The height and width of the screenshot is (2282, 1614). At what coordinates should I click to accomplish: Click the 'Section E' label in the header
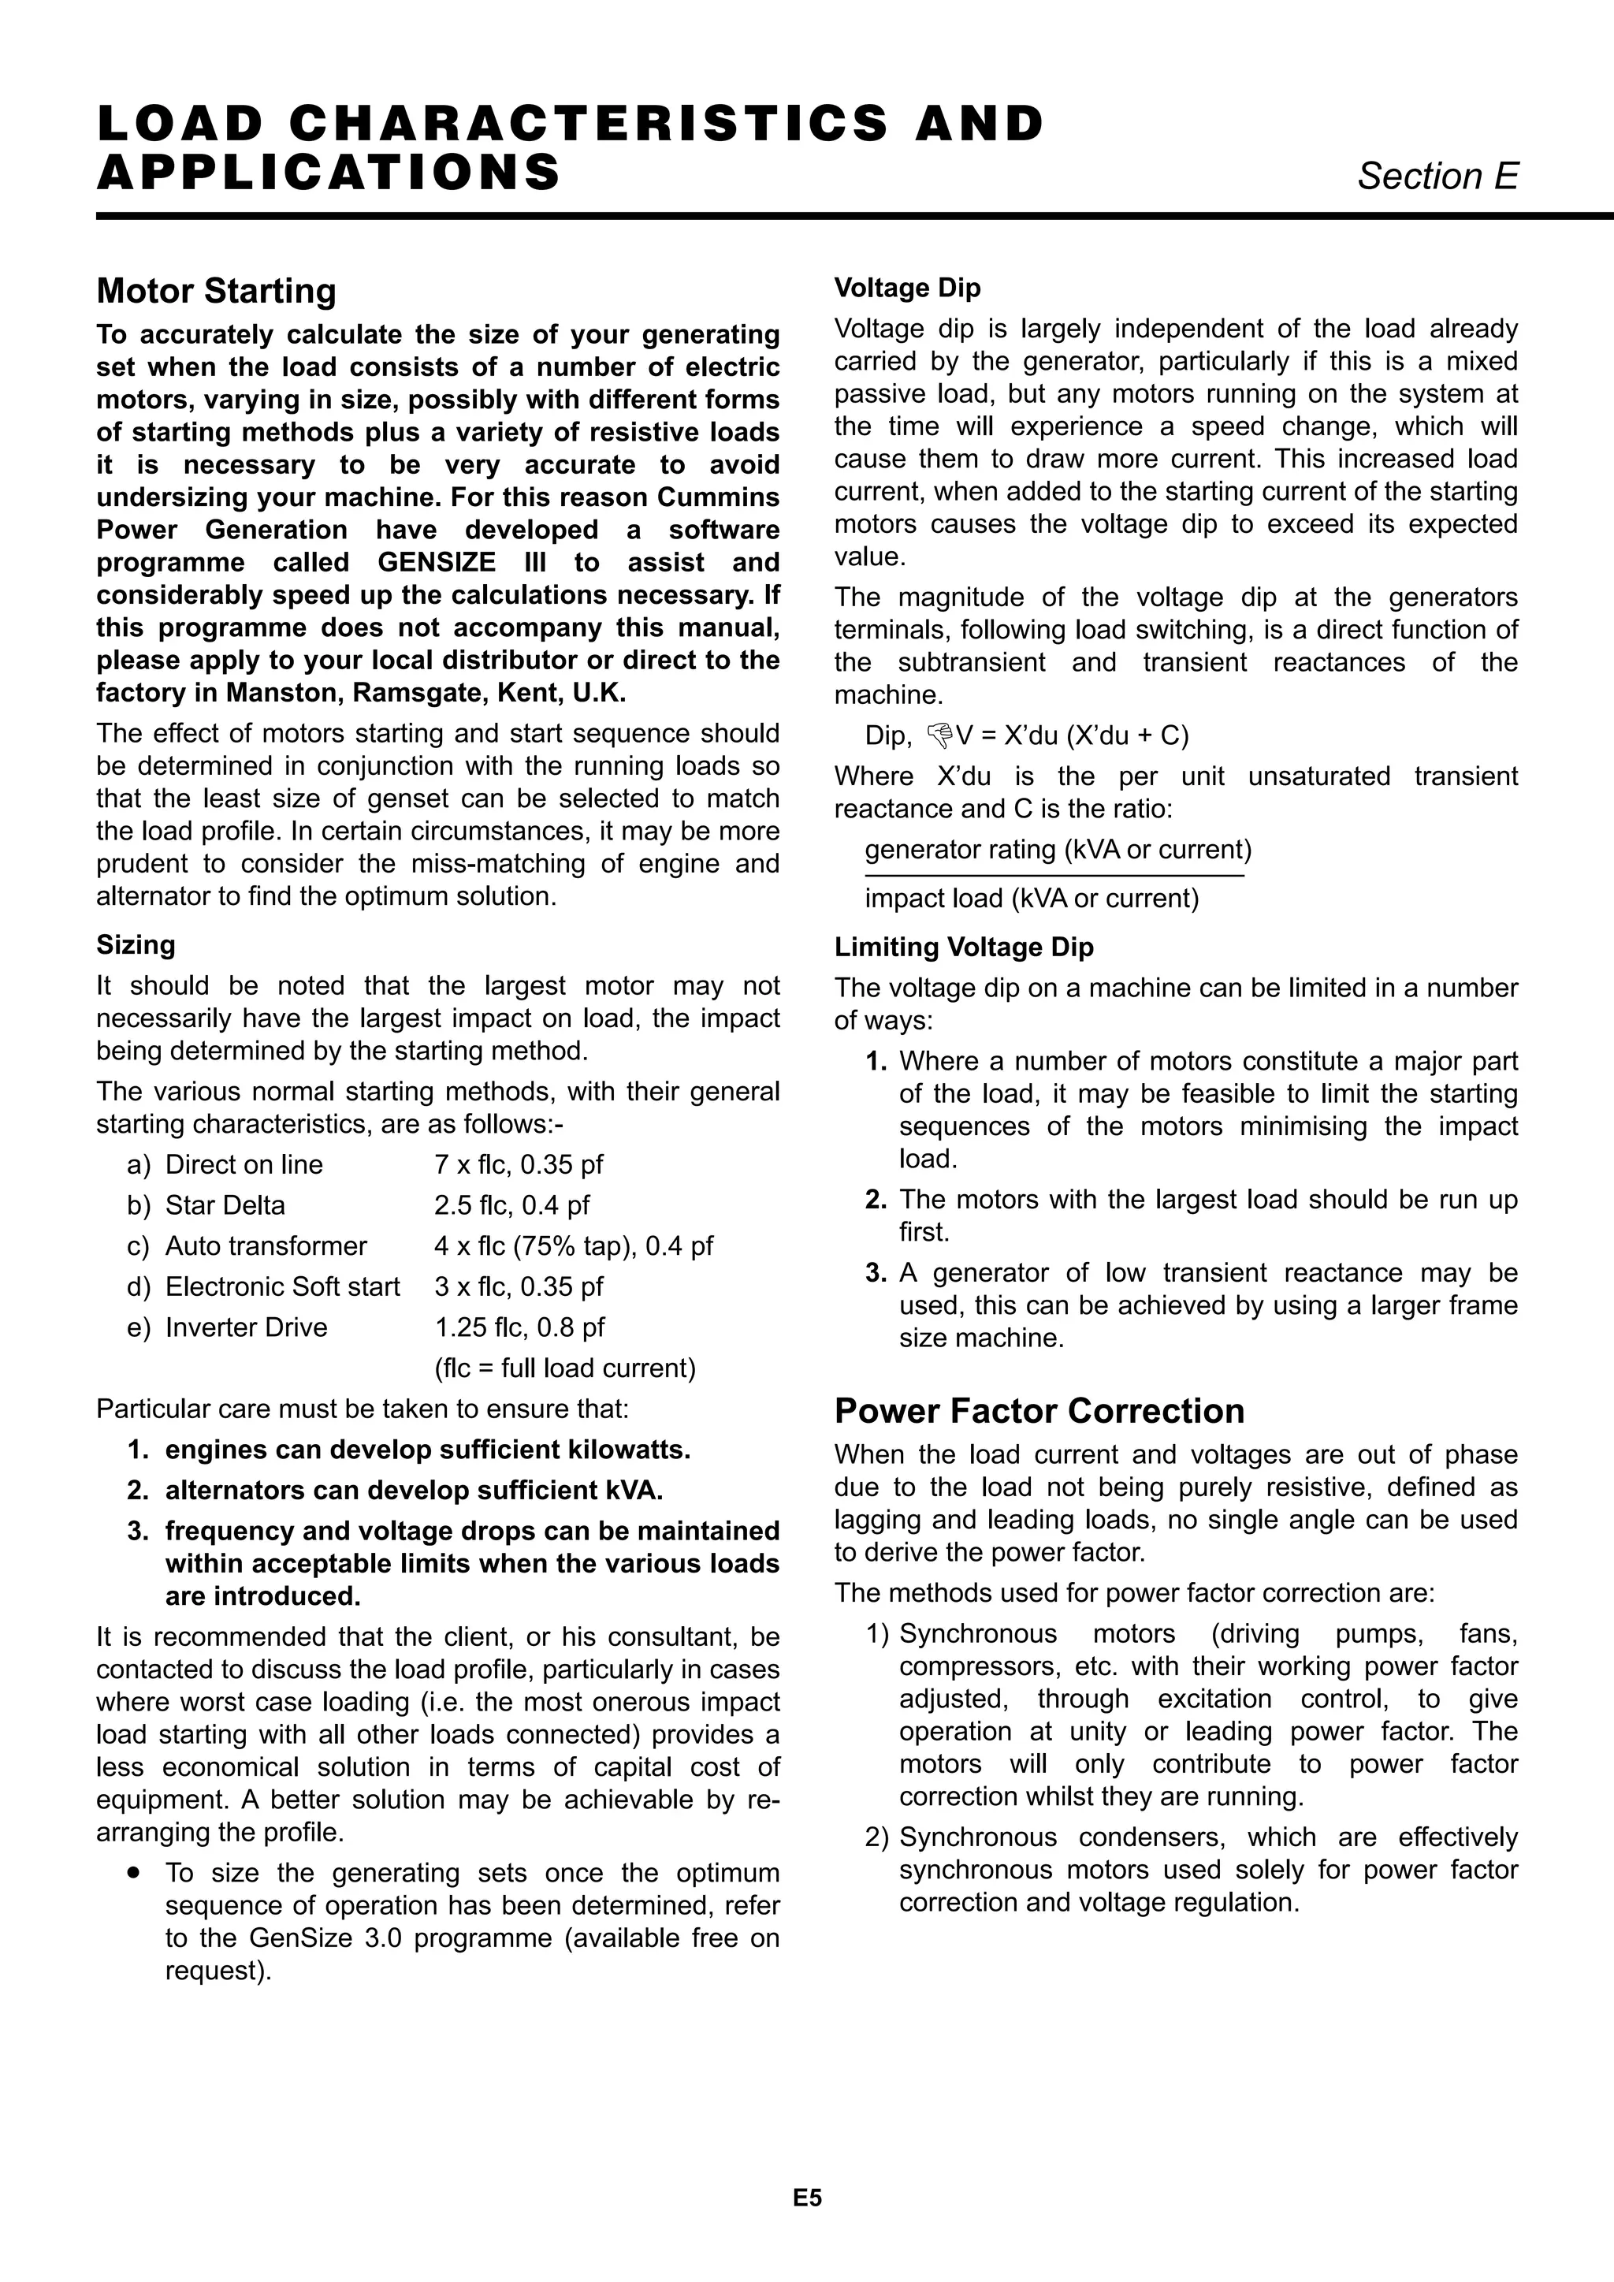[1437, 177]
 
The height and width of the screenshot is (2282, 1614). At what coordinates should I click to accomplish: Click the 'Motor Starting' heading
[217, 291]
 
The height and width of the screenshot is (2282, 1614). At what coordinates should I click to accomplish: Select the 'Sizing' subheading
[136, 944]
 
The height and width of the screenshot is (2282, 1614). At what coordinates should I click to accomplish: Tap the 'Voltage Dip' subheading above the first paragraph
[907, 289]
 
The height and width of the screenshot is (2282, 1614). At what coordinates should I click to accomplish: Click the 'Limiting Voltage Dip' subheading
[963, 947]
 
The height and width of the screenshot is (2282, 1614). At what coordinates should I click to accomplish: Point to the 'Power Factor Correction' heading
[1039, 1411]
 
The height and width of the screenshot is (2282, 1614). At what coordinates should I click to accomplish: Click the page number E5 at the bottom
[807, 2198]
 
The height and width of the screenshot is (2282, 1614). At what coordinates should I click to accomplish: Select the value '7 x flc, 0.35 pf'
[518, 1165]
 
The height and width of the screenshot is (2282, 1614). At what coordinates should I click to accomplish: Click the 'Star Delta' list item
[225, 1205]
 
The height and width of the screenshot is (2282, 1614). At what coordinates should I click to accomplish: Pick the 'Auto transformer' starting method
[266, 1246]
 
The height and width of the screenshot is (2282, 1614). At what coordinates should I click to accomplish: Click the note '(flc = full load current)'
[564, 1368]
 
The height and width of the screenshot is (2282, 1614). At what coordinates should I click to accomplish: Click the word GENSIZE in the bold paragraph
[437, 563]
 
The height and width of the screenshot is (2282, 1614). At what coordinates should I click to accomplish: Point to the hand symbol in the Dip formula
[938, 735]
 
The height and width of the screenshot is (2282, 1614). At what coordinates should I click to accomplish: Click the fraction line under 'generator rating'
[1054, 876]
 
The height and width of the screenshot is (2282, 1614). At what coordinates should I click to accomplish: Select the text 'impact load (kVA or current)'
[1032, 899]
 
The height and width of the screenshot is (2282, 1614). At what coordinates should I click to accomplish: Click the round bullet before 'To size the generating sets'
[133, 1873]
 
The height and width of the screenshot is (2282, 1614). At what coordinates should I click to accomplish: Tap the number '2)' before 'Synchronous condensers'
[876, 1837]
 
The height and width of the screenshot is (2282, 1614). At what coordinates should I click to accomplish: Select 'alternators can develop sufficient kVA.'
[414, 1491]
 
